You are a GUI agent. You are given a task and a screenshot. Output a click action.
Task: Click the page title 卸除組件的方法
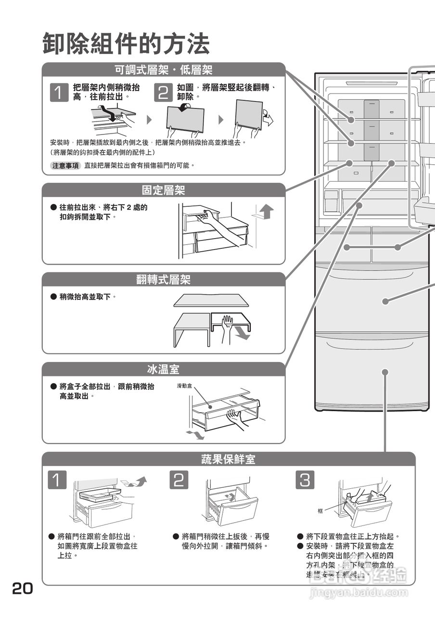(126, 44)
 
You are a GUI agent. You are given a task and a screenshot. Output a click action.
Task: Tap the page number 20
(23, 589)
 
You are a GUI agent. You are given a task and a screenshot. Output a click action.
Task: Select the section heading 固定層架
(163, 190)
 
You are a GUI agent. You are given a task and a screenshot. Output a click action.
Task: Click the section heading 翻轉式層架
(163, 280)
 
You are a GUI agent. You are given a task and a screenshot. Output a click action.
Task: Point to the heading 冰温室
(163, 370)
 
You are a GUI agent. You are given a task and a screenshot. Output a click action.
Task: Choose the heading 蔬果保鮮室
(228, 459)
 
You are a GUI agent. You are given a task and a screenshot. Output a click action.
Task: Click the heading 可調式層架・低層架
(163, 70)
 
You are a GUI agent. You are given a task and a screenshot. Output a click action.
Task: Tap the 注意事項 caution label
(65, 165)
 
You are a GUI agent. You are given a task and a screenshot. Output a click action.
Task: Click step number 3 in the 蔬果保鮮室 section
(306, 480)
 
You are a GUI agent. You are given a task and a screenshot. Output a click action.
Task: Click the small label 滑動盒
(184, 386)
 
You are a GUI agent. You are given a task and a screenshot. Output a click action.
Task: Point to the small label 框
(320, 510)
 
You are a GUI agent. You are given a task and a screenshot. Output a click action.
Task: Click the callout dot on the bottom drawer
(385, 372)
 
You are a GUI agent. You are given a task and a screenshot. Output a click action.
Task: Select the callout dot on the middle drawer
(385, 301)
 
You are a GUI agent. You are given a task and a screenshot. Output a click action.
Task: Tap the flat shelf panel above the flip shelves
(212, 300)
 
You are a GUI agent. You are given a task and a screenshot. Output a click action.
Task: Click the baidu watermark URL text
(359, 593)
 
